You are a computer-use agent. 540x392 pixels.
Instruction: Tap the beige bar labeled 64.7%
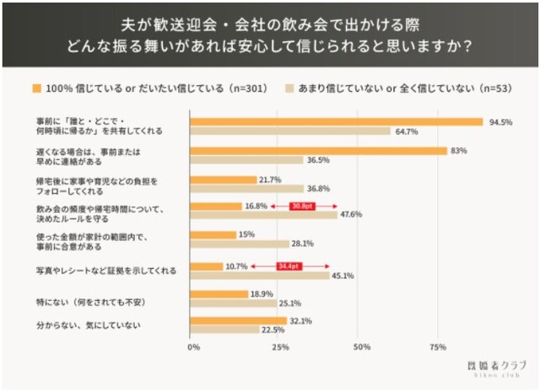coord(291,132)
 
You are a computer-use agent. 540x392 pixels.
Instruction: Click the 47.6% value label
coord(351,215)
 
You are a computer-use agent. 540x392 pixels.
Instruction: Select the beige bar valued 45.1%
coord(261,275)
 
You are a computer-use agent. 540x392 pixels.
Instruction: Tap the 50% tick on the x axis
coord(361,346)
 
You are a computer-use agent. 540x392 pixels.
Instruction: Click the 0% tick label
coord(193,346)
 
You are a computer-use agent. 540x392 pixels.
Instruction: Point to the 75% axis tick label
coord(438,346)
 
